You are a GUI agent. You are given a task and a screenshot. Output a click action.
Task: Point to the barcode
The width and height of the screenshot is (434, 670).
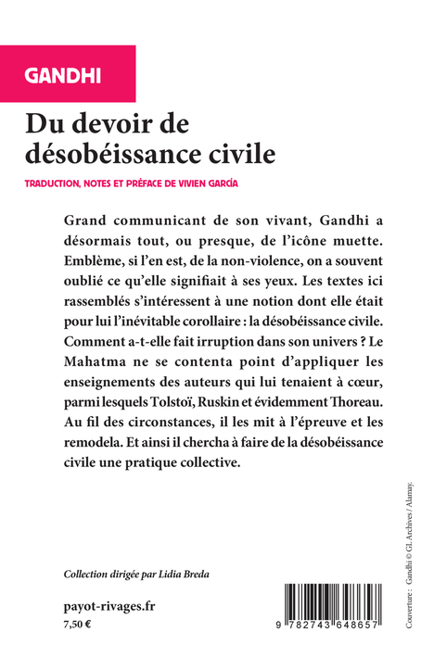pyautogui.click(x=336, y=607)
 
